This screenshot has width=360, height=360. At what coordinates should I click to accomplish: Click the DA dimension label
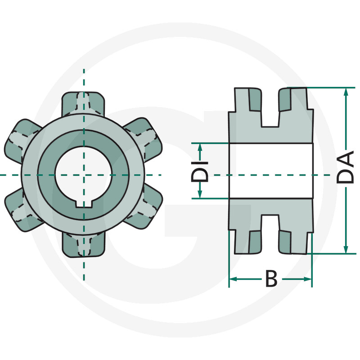(x=346, y=167)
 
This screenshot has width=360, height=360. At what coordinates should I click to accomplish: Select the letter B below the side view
(x=271, y=279)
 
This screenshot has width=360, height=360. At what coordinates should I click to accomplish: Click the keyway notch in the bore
(x=83, y=204)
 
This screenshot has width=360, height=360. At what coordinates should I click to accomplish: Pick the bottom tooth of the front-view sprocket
(x=83, y=245)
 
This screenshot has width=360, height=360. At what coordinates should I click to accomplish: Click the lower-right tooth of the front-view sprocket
(x=146, y=209)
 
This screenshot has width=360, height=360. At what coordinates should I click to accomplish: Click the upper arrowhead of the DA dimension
(x=346, y=92)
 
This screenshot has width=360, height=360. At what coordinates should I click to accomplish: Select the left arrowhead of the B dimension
(x=233, y=279)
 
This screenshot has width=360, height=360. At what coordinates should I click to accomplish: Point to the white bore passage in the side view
(x=270, y=171)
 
